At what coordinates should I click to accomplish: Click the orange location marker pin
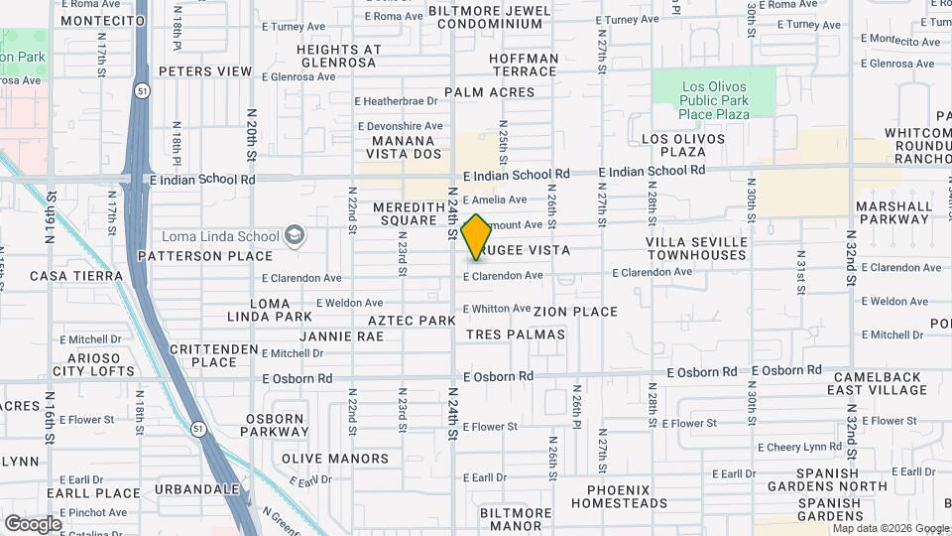click(x=477, y=236)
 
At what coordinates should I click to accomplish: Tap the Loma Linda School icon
click(x=293, y=235)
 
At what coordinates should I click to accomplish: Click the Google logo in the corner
click(x=33, y=523)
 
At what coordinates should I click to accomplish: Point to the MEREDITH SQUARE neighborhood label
click(x=405, y=213)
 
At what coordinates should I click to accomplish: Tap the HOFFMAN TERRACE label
click(x=524, y=66)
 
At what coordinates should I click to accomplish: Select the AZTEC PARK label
click(x=411, y=321)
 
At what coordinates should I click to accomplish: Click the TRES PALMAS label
click(x=516, y=335)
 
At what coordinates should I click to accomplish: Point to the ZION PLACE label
click(x=575, y=312)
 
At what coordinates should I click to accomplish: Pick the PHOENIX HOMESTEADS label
click(x=627, y=496)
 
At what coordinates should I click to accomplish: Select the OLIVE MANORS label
click(x=335, y=459)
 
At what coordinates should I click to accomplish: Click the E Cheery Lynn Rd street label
click(x=799, y=447)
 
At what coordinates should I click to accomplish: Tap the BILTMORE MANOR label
click(x=516, y=519)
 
